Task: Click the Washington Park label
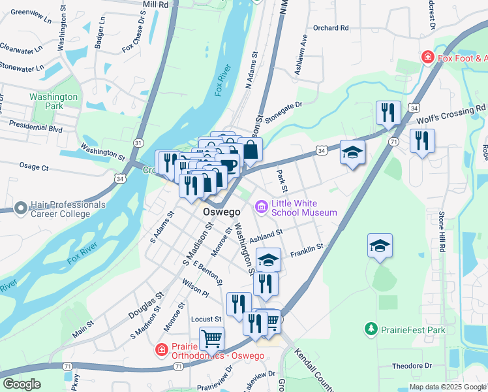coord(53,102)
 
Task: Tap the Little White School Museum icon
coord(262,208)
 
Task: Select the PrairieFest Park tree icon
coord(371,329)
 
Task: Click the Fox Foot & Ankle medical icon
coord(428,57)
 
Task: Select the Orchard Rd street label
coord(331,28)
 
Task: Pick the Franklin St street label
coord(307,248)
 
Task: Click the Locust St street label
coord(209,319)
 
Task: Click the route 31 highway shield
coord(138,142)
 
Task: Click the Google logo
coord(22,384)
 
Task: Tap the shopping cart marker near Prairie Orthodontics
coord(212,338)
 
